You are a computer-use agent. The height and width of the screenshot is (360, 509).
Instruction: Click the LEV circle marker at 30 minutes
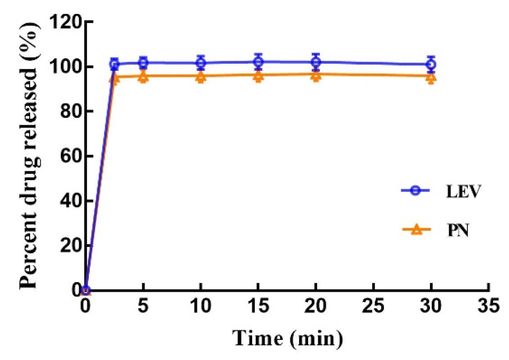coord(431,64)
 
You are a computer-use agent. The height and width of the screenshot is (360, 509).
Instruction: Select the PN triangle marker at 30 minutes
coord(431,78)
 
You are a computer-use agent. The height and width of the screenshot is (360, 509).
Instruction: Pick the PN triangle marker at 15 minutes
coord(258,77)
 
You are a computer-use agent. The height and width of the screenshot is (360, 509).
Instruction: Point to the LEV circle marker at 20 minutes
coord(316,62)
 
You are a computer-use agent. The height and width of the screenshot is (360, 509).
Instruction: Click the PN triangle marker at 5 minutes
coord(143,77)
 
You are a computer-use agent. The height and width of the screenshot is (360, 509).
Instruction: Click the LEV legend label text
coord(463,191)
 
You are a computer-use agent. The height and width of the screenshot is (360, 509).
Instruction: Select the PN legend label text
coord(458,230)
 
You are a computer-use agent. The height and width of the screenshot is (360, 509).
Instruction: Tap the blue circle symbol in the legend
coord(416,190)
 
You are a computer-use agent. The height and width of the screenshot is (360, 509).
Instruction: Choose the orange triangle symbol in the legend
coord(417,230)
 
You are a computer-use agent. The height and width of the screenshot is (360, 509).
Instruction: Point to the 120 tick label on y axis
coord(65,22)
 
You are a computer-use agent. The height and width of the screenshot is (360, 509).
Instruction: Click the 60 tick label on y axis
coord(71,156)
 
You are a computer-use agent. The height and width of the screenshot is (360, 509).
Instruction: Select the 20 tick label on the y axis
coord(71,245)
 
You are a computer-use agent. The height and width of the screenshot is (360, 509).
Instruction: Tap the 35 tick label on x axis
coord(488,305)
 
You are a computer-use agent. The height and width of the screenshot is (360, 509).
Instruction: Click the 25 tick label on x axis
coord(373,305)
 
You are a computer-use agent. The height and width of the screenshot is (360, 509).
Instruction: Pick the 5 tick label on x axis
coord(143,305)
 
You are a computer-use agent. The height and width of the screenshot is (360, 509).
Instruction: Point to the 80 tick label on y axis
coord(71,111)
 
